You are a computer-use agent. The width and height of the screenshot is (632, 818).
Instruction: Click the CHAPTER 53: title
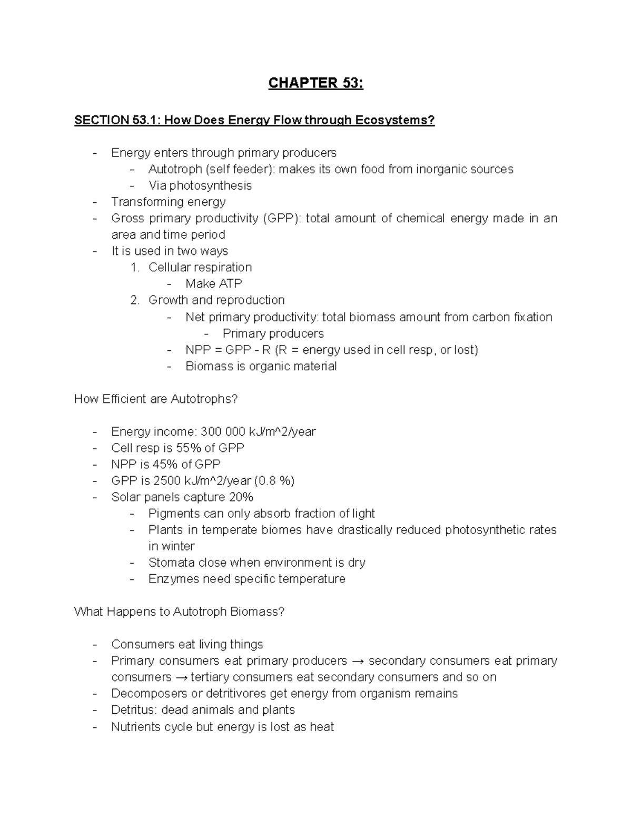[x=315, y=83]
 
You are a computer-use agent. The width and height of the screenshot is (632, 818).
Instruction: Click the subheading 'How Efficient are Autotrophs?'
[x=156, y=399]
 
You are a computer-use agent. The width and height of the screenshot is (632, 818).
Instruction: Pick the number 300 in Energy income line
[x=209, y=432]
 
